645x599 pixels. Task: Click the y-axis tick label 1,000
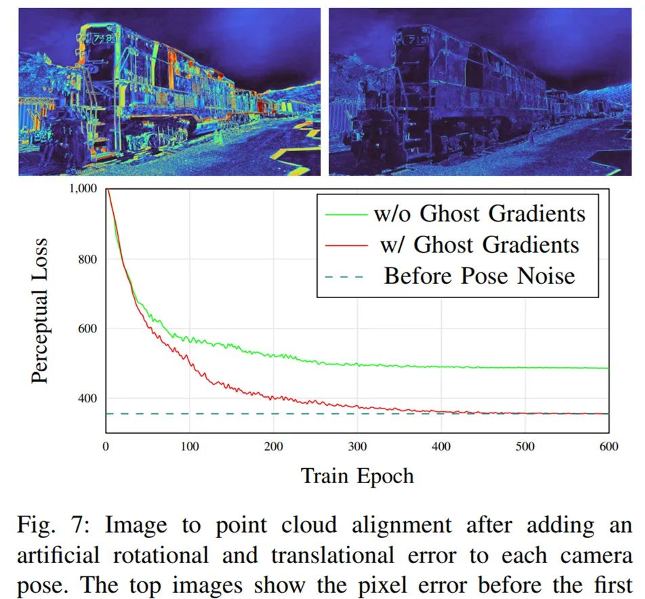(84, 188)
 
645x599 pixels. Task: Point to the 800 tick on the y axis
(88, 259)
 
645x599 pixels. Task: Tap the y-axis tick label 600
(88, 329)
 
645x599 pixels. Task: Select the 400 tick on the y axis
(88, 398)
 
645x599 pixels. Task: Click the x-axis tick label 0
(106, 445)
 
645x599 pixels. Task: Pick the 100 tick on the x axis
(190, 445)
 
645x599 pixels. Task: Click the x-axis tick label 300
(357, 445)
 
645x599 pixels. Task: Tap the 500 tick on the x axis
(525, 445)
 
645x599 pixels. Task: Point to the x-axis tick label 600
(608, 445)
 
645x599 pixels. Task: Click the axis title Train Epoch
(357, 476)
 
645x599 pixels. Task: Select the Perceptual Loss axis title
(41, 311)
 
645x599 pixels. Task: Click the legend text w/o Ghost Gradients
(479, 214)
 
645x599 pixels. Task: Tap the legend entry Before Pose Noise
(480, 275)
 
